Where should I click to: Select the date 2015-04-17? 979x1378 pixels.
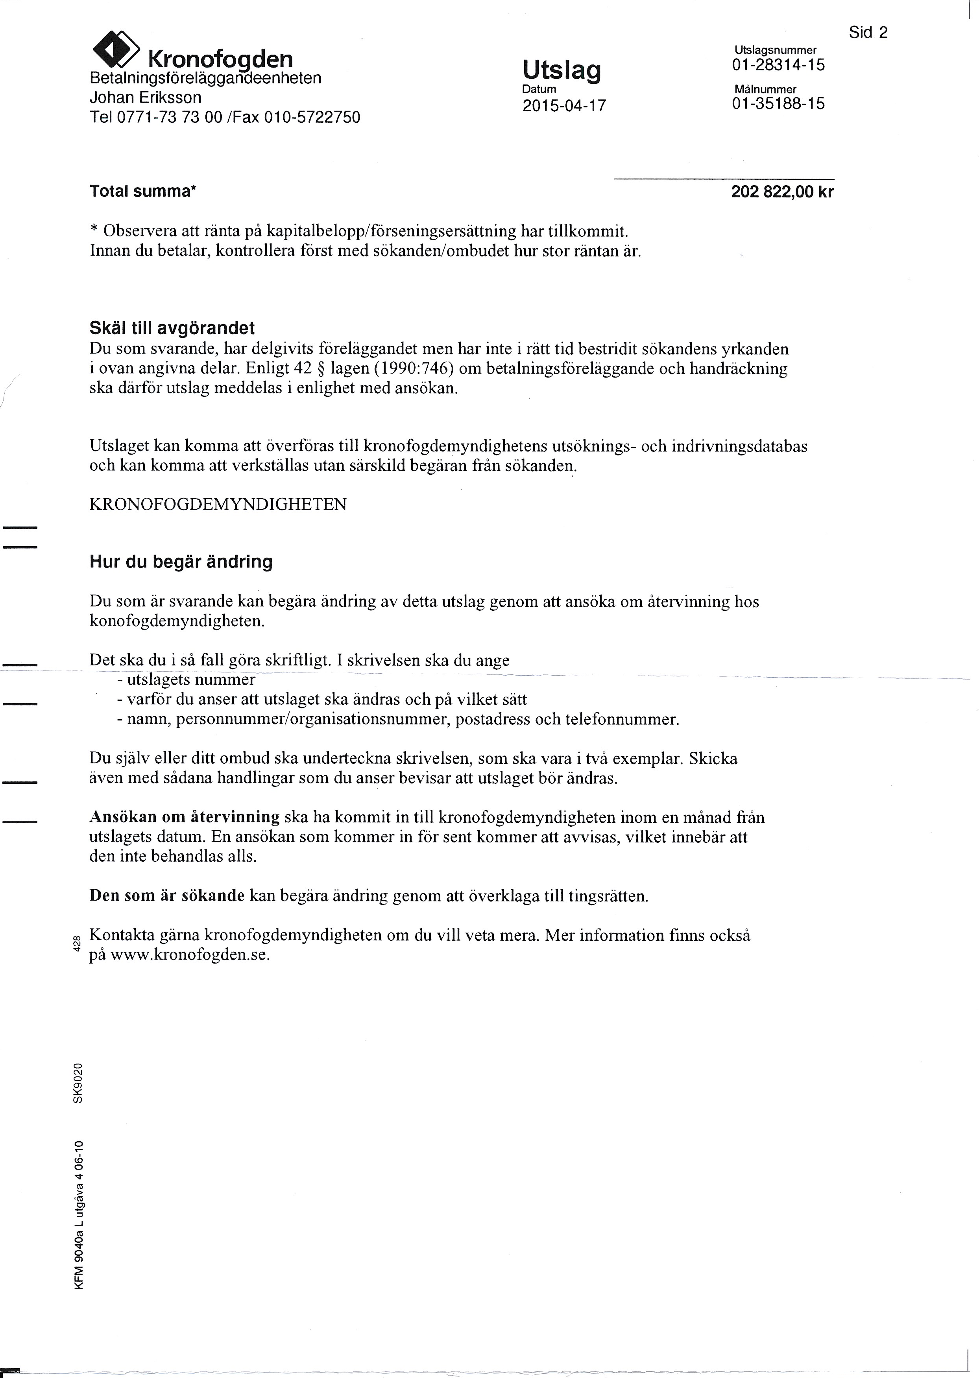[x=563, y=106]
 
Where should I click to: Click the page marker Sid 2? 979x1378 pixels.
[x=868, y=33]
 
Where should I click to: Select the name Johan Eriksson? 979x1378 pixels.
[x=145, y=98]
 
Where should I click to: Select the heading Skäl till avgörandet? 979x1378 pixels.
[x=172, y=328]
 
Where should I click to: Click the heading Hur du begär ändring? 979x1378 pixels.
[x=181, y=562]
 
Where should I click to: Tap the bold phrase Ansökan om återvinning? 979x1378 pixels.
[x=185, y=818]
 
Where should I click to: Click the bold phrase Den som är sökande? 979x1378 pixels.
[x=167, y=896]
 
